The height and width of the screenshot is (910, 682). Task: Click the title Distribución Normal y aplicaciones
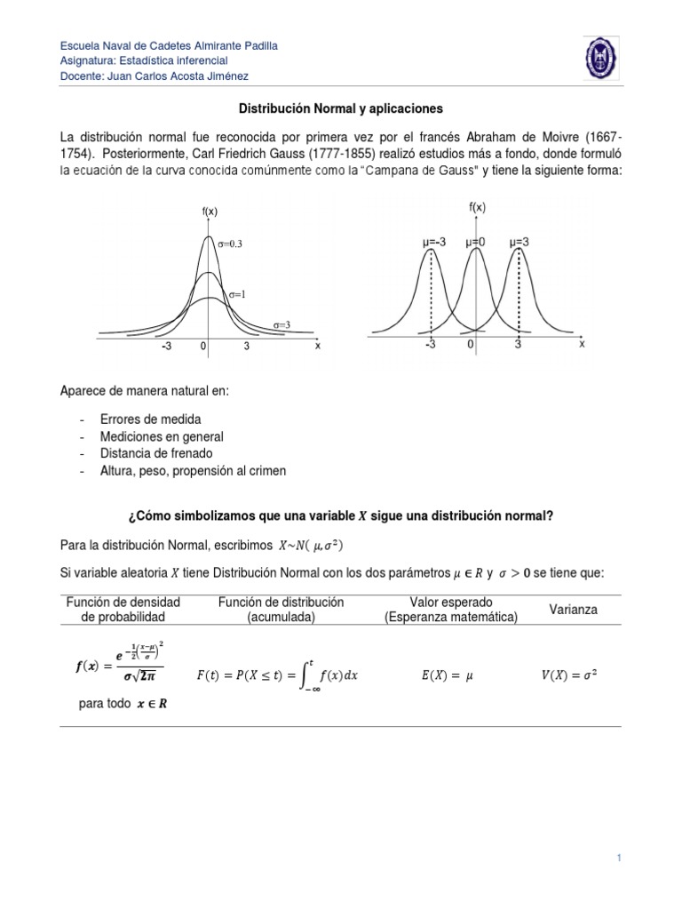pos(341,108)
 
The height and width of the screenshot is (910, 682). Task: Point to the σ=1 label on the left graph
pos(235,293)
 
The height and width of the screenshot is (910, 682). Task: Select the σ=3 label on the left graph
pos(281,325)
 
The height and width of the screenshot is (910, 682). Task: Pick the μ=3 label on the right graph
pos(519,241)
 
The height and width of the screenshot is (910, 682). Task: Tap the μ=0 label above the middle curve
pos(476,241)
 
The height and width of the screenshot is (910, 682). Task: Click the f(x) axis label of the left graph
pos(210,212)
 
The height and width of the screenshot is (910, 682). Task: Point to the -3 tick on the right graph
pos(430,345)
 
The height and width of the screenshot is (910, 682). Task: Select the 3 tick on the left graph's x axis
pos(246,348)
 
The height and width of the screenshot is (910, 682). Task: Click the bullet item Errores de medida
pos(150,419)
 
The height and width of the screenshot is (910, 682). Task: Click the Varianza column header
pos(573,610)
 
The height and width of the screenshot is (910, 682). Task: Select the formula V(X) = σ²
pos(569,675)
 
